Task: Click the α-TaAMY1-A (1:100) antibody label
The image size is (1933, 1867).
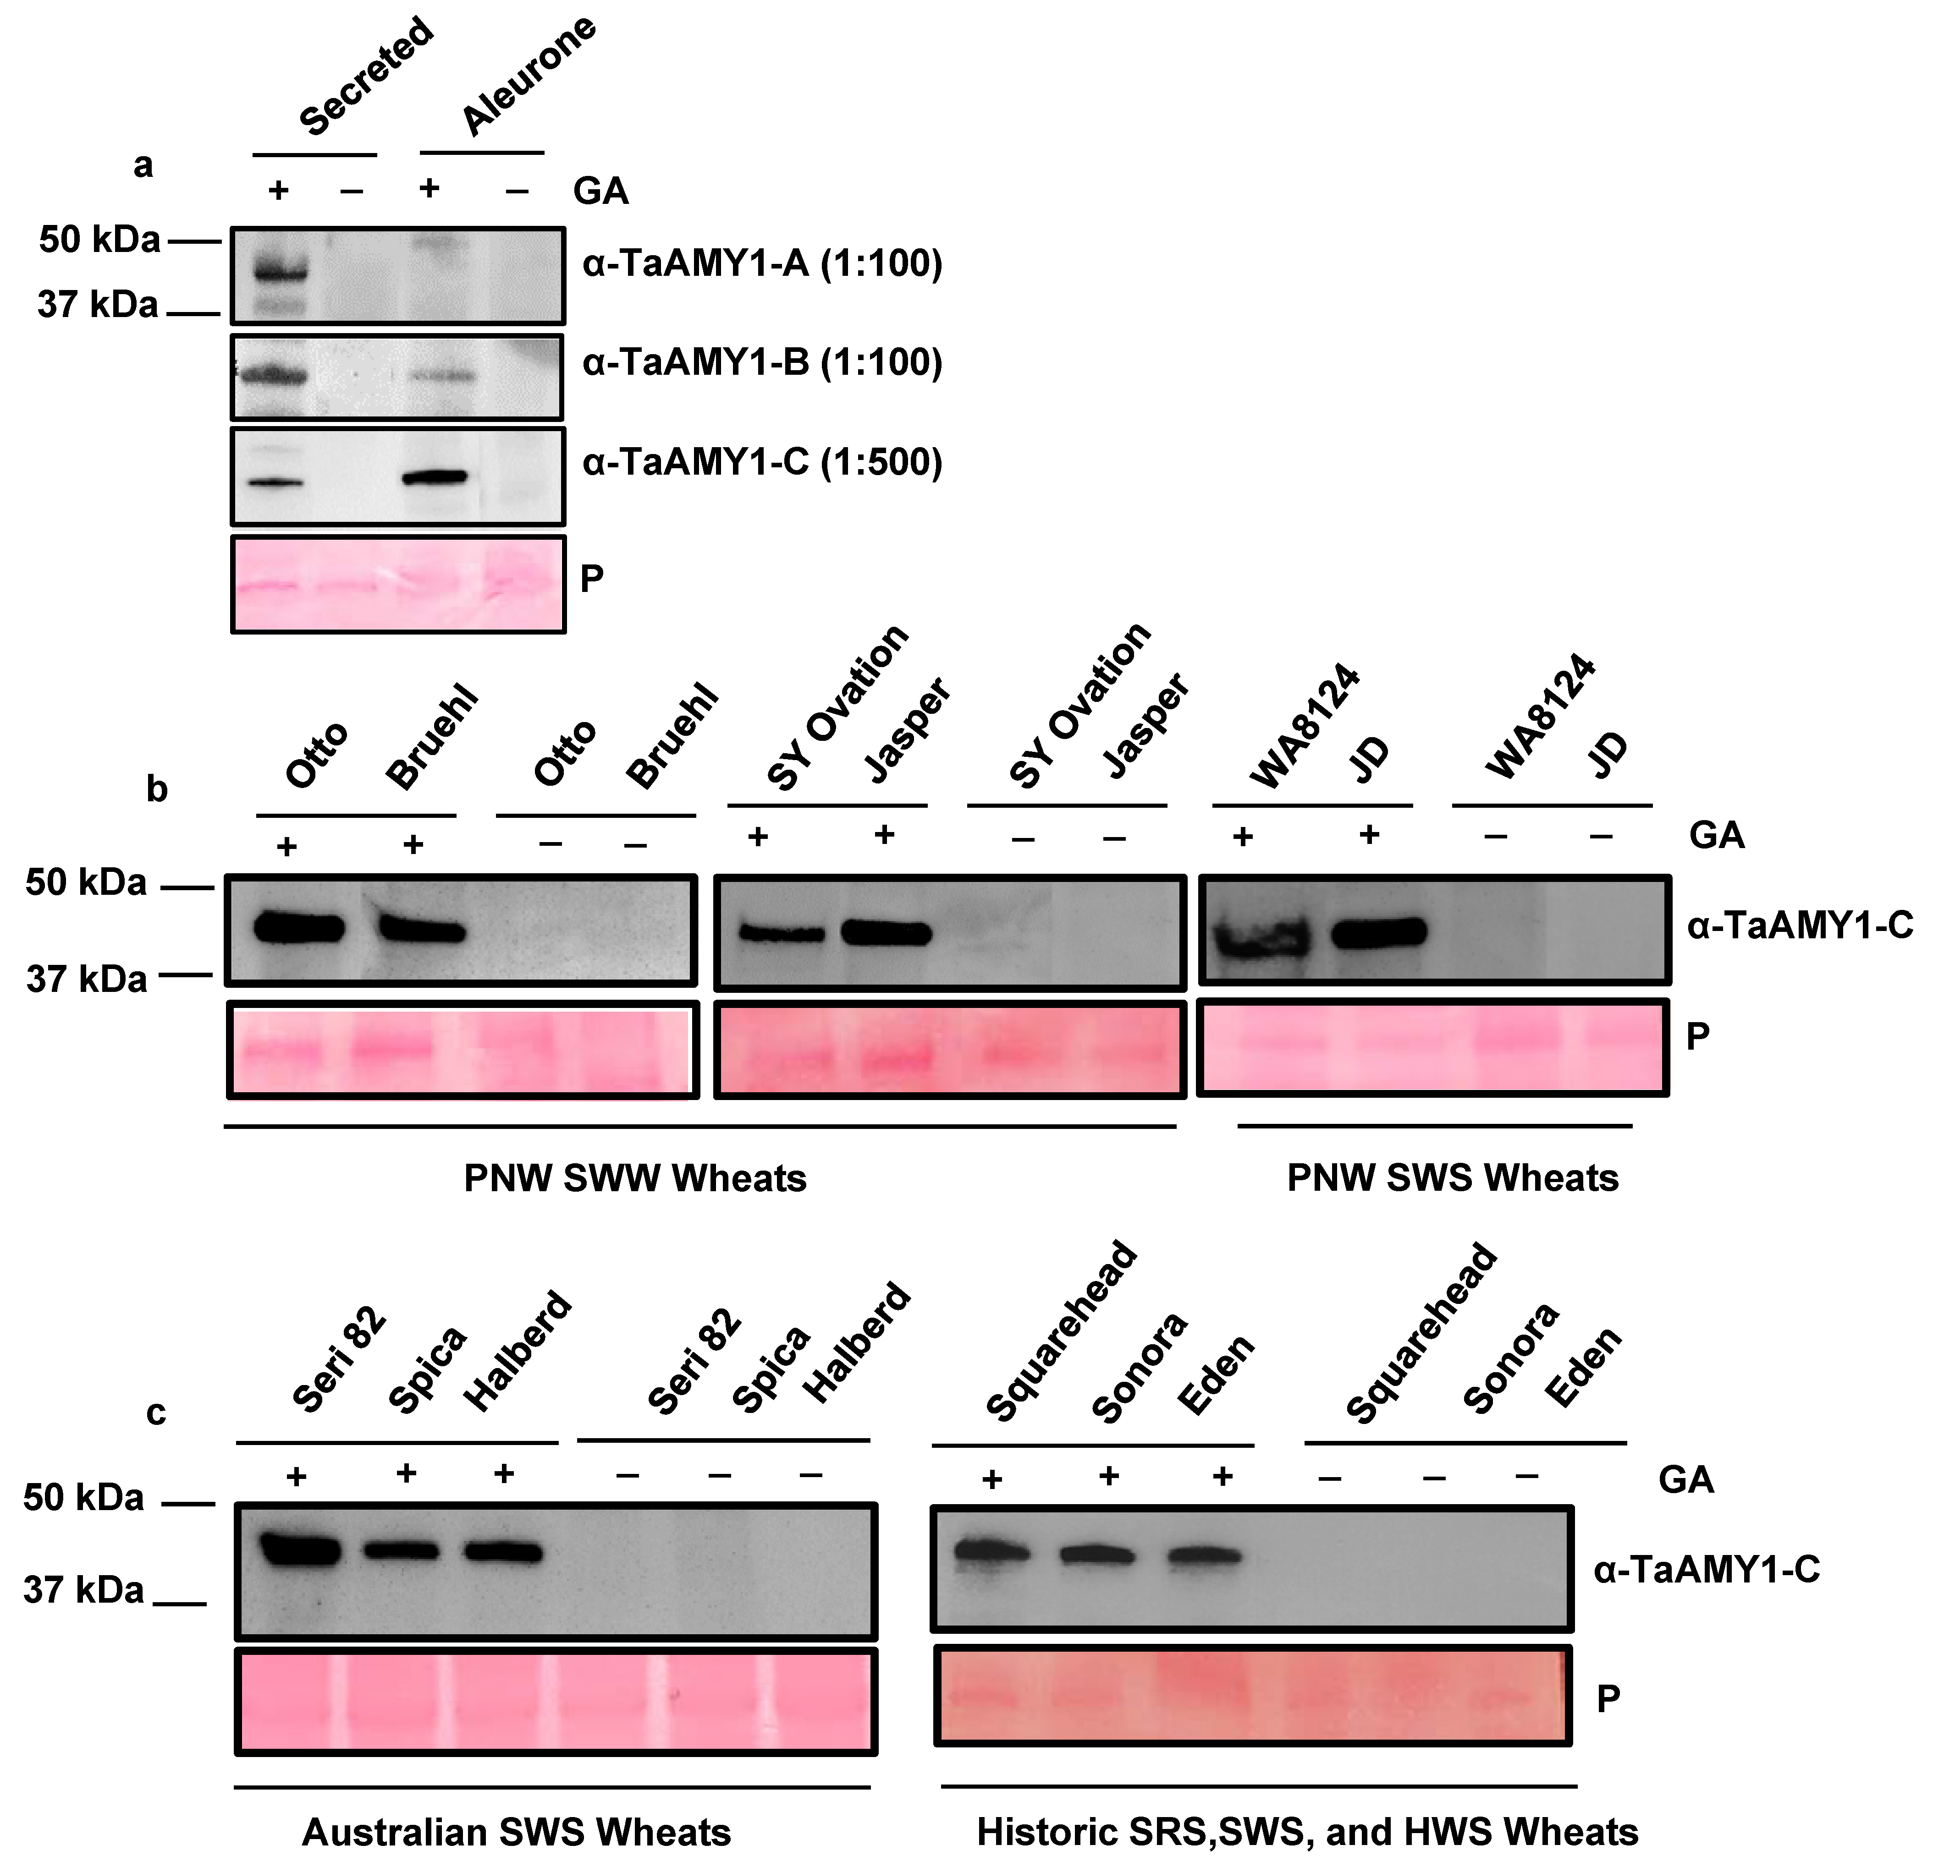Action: [761, 264]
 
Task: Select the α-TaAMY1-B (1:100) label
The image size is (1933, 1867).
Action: [761, 363]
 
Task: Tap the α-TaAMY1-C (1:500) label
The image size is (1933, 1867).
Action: [761, 462]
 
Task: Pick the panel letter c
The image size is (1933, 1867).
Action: [156, 1412]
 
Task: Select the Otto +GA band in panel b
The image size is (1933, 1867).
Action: [299, 928]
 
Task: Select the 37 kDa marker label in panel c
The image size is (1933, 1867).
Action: [84, 1590]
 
